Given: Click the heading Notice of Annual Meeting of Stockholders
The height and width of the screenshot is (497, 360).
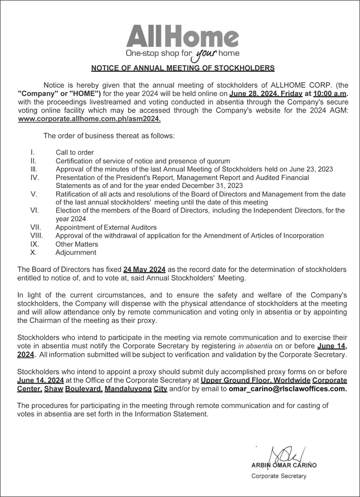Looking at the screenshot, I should click(x=182, y=68).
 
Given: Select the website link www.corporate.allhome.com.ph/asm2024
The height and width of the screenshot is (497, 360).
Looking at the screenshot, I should click(x=89, y=119).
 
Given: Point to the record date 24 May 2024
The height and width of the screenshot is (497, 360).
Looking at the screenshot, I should click(x=144, y=270).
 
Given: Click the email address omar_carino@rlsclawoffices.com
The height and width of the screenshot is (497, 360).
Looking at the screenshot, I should click(x=288, y=388).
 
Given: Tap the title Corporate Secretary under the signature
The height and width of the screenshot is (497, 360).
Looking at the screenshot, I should click(x=279, y=476).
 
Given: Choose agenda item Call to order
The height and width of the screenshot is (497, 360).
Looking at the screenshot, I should click(x=75, y=152).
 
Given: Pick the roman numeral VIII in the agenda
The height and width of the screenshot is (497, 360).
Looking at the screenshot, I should click(x=37, y=235).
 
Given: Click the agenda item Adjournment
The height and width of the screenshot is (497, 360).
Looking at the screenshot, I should click(x=76, y=252).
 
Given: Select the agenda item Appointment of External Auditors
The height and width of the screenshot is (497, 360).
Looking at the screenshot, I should click(x=106, y=227).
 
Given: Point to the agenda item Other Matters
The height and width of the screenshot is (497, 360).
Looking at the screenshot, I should click(x=77, y=244).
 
